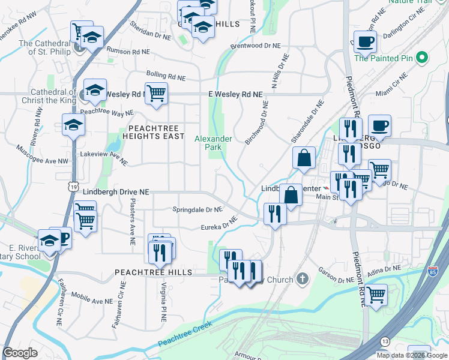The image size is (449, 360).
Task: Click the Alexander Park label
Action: point(213,143)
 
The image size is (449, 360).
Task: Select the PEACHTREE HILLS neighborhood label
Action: point(154,272)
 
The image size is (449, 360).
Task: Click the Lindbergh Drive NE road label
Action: point(116,192)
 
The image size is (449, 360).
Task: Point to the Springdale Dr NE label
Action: point(197,209)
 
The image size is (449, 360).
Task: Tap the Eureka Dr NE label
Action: point(220,225)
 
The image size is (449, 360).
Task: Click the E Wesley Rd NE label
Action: point(235,95)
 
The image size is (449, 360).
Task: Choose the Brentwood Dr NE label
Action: point(255,46)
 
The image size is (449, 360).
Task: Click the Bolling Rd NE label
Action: point(165,77)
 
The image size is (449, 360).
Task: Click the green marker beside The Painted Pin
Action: point(422,58)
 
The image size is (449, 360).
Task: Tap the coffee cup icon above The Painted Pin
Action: point(365,43)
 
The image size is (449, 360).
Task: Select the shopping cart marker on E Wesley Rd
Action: point(156,94)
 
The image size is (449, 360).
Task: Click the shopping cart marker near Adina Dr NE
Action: point(376,295)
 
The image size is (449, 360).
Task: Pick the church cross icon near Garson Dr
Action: point(302,279)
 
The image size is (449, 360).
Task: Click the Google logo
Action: point(20,353)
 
